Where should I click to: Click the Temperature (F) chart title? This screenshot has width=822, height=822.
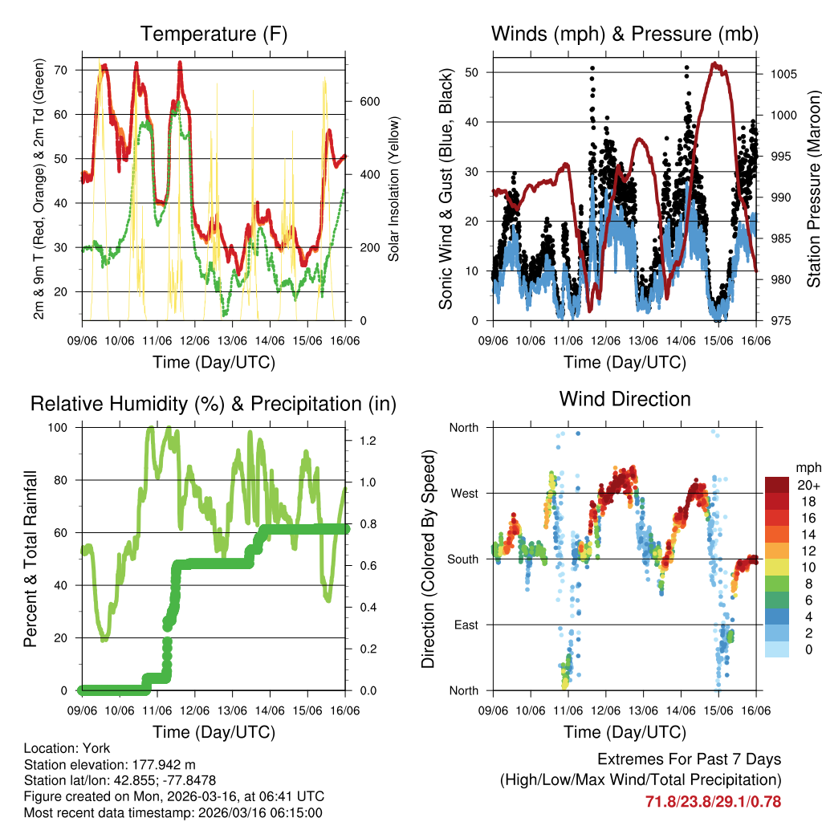coord(214,34)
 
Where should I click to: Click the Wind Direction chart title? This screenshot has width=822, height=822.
coord(625,399)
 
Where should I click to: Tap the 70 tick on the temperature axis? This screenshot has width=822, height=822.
coord(69,70)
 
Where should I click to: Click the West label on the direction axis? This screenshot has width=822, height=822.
coord(463,494)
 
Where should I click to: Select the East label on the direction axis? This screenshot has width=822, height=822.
coord(464,625)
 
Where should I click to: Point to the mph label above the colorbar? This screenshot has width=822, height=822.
coord(807,467)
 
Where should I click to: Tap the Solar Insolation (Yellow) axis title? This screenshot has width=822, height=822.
coord(394,189)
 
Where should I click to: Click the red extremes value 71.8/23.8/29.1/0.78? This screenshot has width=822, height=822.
coord(713,801)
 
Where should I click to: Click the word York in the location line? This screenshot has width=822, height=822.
coord(96,748)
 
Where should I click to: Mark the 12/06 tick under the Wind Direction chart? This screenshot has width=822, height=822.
coord(605,710)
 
